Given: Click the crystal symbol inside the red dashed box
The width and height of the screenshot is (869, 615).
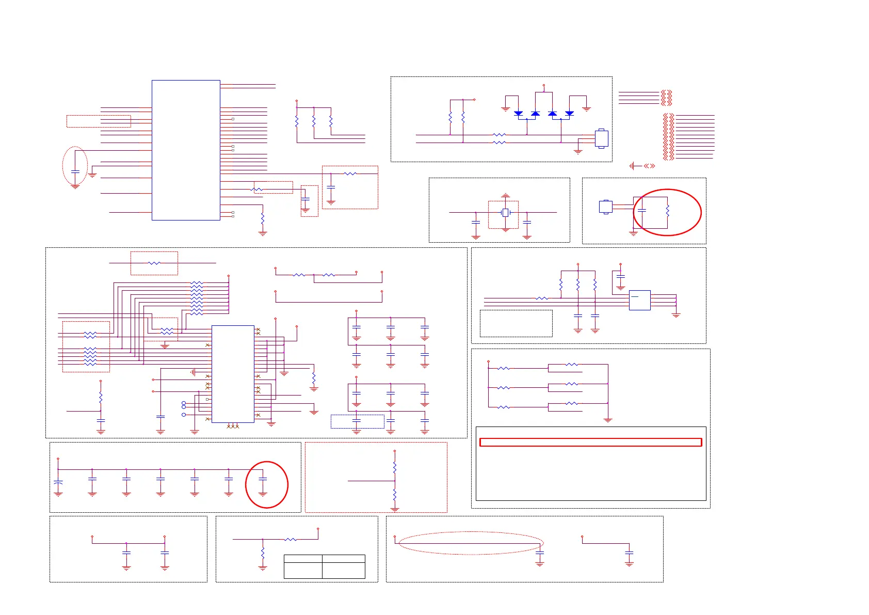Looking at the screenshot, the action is click(506, 212).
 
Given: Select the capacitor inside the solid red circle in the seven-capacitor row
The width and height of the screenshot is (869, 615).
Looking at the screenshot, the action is click(263, 479).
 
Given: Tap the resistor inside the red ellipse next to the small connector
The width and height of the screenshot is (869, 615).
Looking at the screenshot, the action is click(667, 211).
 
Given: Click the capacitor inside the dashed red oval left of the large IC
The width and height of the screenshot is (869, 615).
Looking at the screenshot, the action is click(75, 171).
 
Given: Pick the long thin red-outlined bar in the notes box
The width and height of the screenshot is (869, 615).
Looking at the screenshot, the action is click(590, 442).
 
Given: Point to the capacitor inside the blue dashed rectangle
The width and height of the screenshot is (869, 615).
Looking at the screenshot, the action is click(357, 421).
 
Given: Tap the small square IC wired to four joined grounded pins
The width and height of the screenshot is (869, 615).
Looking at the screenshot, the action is click(639, 300).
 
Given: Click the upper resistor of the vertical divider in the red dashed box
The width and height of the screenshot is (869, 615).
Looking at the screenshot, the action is click(395, 467).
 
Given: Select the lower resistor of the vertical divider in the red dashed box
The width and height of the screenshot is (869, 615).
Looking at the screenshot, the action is click(395, 495).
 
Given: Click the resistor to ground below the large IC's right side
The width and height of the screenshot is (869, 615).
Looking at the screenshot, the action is click(263, 219).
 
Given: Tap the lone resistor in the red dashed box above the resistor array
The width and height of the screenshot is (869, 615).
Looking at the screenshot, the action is click(154, 263).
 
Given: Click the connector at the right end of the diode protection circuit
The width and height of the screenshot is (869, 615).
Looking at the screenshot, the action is click(601, 138).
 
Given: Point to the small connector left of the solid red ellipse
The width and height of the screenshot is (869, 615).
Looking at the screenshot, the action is click(605, 207).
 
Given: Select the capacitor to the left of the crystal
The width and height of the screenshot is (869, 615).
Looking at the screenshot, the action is click(476, 222).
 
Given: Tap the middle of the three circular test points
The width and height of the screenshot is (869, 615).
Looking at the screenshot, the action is click(184, 407).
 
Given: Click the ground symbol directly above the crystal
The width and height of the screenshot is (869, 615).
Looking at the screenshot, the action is click(506, 196).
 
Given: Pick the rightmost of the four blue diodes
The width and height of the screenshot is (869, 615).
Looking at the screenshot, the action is click(569, 113).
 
